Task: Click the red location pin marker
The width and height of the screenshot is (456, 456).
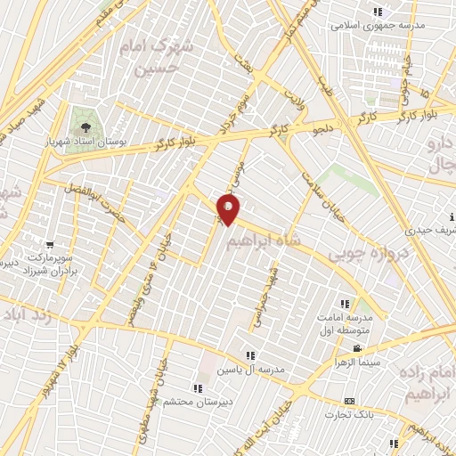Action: click(x=229, y=210)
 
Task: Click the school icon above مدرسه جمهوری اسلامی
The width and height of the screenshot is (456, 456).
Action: click(x=377, y=12)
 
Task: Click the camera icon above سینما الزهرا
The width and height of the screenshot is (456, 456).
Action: click(x=356, y=348)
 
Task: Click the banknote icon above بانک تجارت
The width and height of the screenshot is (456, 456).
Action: click(x=349, y=401)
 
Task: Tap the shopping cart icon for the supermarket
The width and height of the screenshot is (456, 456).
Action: click(x=50, y=243)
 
